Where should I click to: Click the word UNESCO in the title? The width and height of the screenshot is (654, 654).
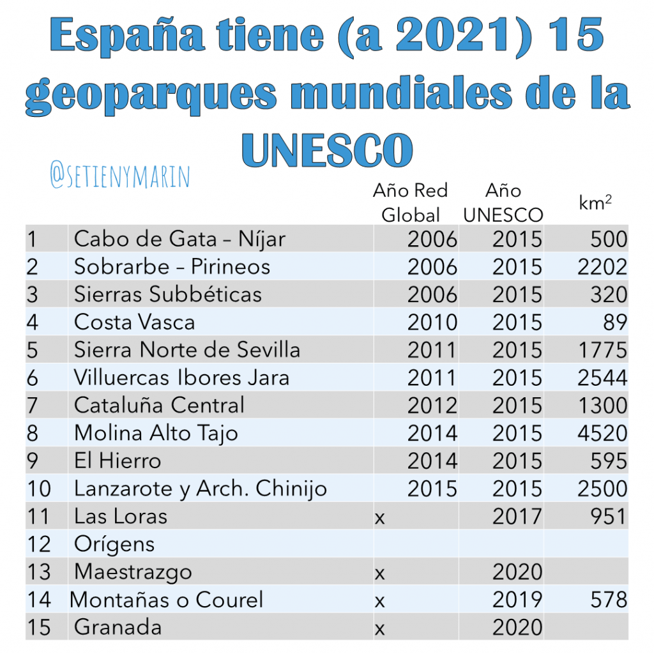(327, 149)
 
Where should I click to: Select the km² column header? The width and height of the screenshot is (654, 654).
(595, 202)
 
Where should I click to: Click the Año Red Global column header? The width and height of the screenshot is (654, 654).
(411, 202)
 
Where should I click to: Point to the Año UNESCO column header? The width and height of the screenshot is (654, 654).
(503, 202)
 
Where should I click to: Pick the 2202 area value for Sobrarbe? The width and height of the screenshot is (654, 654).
(602, 267)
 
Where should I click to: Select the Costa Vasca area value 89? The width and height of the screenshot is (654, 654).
(615, 323)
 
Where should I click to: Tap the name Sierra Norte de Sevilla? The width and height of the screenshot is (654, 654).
(187, 349)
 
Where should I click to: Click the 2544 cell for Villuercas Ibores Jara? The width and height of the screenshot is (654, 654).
(602, 378)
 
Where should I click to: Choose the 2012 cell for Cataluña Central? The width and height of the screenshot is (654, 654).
(432, 406)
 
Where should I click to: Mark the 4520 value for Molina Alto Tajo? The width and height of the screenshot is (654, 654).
(602, 434)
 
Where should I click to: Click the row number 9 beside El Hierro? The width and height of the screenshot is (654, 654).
(33, 461)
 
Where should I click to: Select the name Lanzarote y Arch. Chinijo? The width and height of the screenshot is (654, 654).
(200, 489)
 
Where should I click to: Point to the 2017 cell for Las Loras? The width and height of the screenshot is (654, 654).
(517, 516)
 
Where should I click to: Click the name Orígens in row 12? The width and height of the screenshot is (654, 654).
(114, 545)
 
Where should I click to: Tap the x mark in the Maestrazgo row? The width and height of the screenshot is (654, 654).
(379, 574)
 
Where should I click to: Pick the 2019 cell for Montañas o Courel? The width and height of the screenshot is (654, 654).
(517, 600)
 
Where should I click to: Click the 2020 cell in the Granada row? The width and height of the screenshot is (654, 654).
(517, 627)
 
